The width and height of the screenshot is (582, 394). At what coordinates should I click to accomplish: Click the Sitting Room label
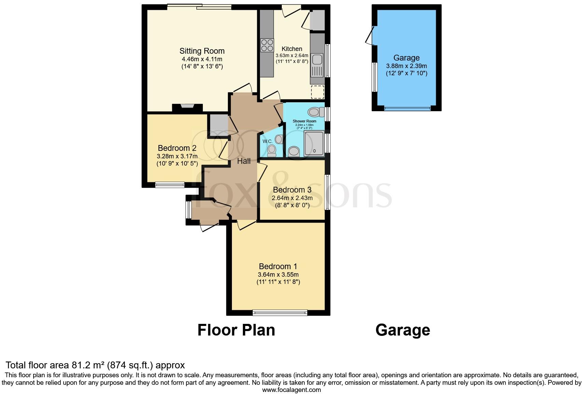pyautogui.click(x=202, y=51)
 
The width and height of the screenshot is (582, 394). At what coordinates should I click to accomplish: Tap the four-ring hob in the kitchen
pyautogui.click(x=267, y=45)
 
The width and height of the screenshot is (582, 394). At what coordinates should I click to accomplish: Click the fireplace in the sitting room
pyautogui.click(x=187, y=106)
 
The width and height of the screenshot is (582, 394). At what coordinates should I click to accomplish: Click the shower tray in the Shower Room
pyautogui.click(x=313, y=144)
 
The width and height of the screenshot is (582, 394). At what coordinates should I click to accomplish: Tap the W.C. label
pyautogui.click(x=267, y=141)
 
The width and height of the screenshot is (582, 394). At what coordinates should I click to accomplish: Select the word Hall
pyautogui.click(x=244, y=161)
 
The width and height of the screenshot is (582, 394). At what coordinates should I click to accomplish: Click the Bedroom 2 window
pyautogui.click(x=169, y=185)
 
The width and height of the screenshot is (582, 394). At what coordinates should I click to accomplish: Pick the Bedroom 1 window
pyautogui.click(x=280, y=313)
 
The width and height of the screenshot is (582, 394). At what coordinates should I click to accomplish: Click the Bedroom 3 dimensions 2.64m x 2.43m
pyautogui.click(x=292, y=198)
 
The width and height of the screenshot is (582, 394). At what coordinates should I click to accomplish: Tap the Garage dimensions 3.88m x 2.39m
pyautogui.click(x=406, y=66)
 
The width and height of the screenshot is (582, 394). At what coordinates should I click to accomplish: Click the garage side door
pyautogui.click(x=370, y=36)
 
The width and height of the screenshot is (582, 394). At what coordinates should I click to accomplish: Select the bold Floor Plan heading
pyautogui.click(x=236, y=330)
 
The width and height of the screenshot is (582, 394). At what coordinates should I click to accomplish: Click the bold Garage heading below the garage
pyautogui.click(x=402, y=330)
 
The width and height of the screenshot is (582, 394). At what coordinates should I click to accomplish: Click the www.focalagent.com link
pyautogui.click(x=291, y=390)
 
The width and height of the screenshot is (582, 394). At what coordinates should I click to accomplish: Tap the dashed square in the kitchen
pyautogui.click(x=318, y=92)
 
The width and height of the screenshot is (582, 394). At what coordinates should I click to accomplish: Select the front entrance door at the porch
pyautogui.click(x=209, y=226)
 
